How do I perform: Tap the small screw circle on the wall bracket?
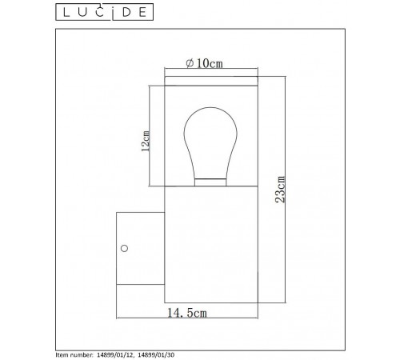tap(126, 248)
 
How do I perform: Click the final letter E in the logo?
tap(146, 12)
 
